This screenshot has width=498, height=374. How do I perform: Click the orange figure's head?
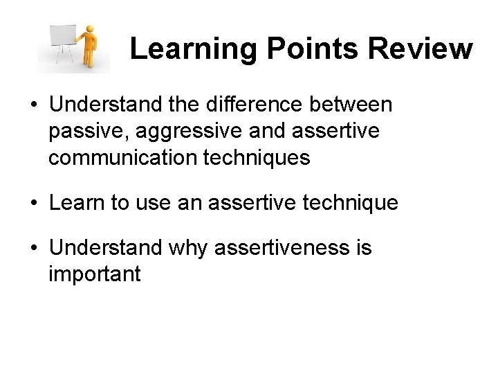(x=89, y=30)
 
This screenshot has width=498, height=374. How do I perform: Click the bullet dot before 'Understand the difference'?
(x=33, y=105)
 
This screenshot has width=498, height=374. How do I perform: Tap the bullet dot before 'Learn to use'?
(x=33, y=204)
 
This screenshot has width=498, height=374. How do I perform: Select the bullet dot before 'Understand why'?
(x=33, y=248)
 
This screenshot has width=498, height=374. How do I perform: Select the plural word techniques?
(x=257, y=159)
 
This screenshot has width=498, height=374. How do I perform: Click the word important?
(x=95, y=274)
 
